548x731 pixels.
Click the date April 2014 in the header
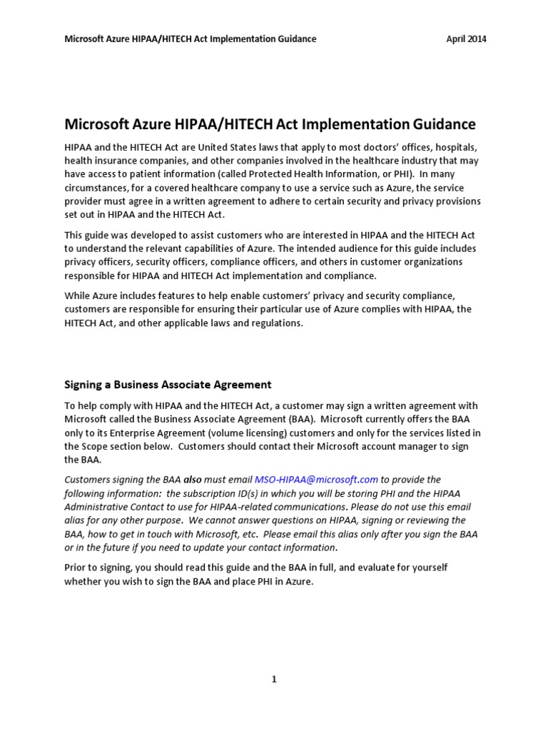click(466, 39)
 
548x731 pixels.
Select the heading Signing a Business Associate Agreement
click(168, 384)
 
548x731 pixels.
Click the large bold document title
click(270, 124)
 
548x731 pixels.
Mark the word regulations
click(268, 323)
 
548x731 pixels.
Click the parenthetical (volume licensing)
click(243, 433)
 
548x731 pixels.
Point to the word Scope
click(97, 446)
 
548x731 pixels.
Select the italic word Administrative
click(97, 507)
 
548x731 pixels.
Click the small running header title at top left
click(191, 39)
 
